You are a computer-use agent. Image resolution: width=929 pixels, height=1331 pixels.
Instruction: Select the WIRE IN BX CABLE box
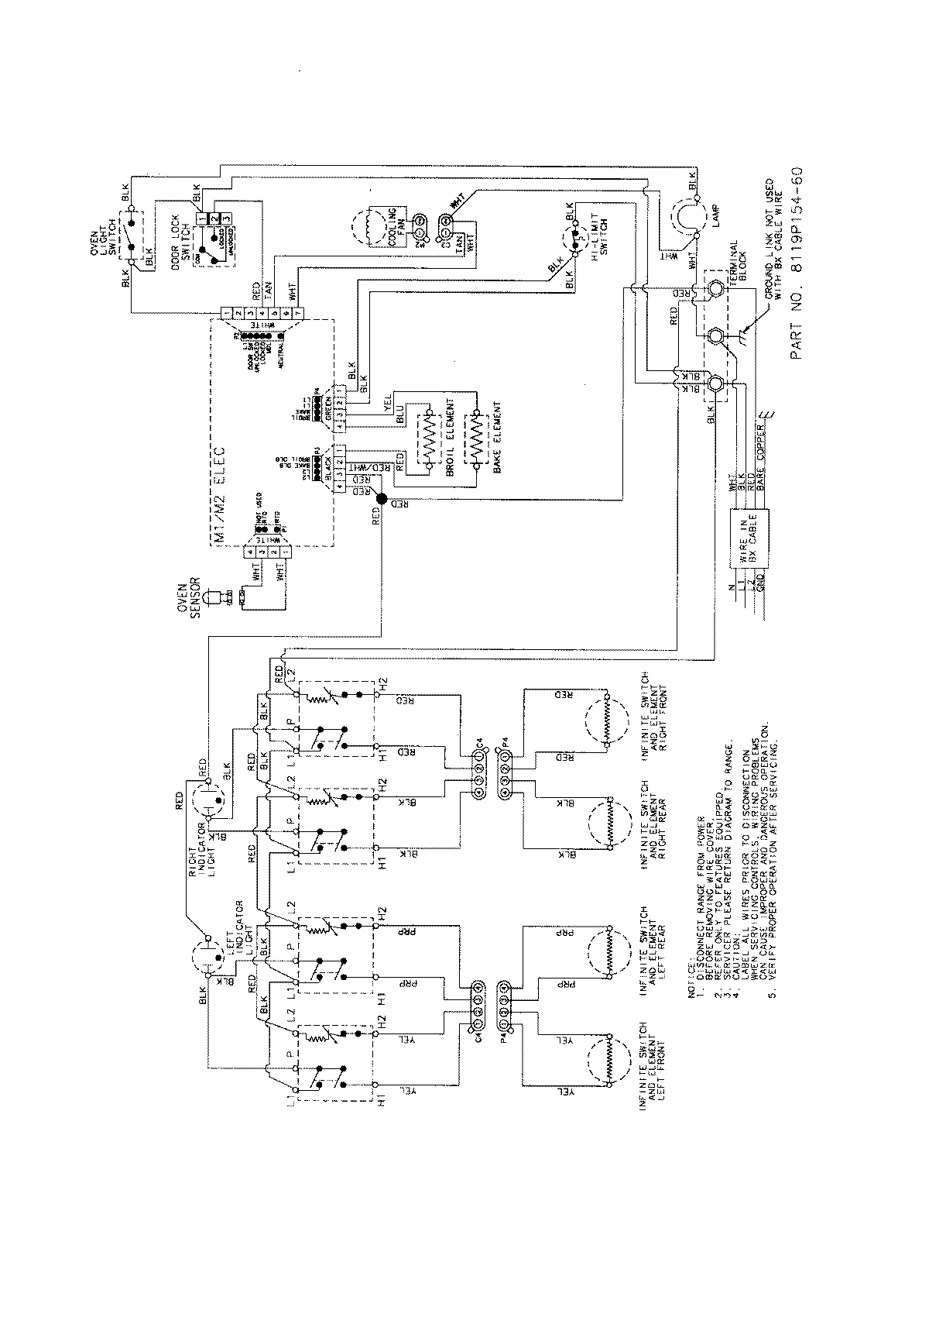coord(749,540)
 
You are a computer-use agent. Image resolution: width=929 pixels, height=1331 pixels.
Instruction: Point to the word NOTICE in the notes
coord(691,832)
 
